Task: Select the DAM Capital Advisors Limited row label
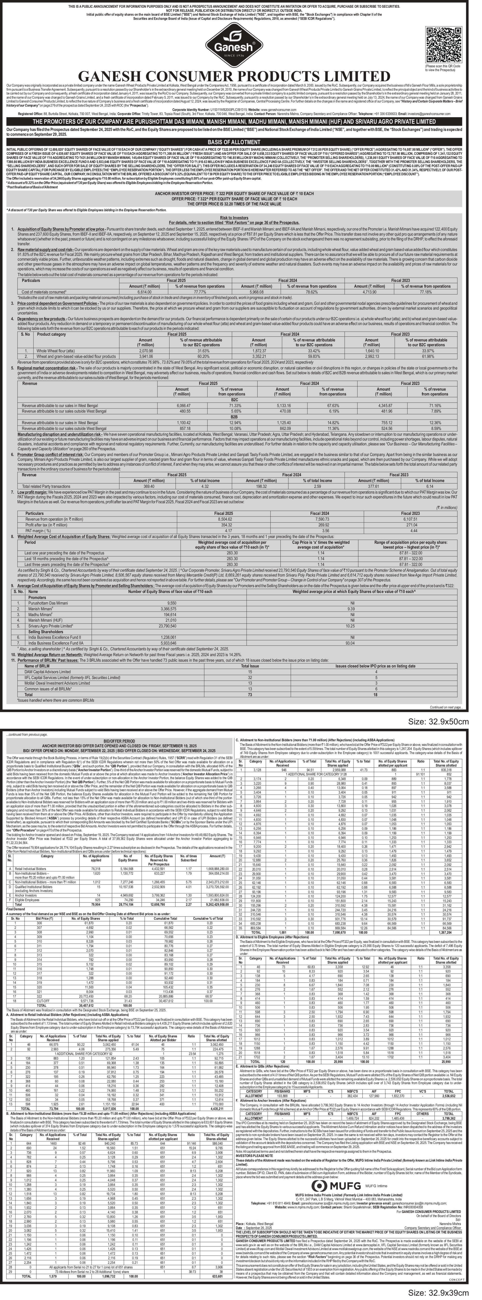[48, 672]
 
